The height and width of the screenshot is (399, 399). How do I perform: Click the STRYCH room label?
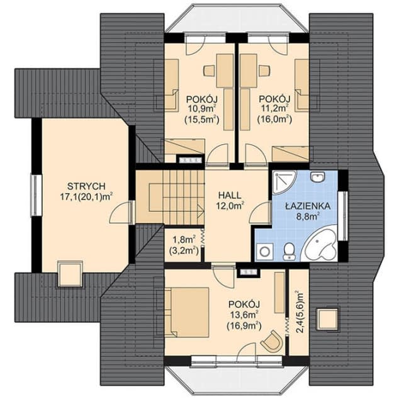point(86,186)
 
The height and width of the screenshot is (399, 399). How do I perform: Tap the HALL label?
point(230,196)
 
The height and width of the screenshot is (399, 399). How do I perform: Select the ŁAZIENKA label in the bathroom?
point(308,206)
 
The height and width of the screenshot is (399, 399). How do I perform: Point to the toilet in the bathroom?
point(289,251)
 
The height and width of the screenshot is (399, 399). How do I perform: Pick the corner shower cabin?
point(284,183)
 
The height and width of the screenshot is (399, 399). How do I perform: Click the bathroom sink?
point(318,176)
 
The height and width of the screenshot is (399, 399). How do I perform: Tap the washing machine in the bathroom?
point(265,251)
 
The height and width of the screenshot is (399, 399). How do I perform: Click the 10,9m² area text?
point(202,109)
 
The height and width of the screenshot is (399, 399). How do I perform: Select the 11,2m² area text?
point(274,109)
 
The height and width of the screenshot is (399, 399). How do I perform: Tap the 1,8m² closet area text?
point(184,239)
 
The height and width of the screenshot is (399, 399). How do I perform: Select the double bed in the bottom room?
point(187,312)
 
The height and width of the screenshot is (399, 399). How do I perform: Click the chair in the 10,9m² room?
point(210,70)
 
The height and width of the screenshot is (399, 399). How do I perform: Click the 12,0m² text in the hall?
point(230,205)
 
